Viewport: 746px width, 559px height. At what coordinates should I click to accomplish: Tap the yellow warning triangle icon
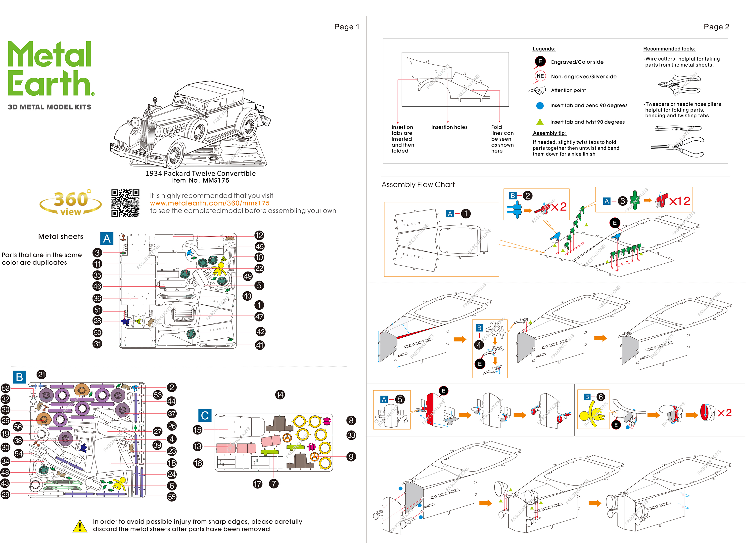[x=80, y=526]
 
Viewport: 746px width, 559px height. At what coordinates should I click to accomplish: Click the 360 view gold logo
[x=71, y=202]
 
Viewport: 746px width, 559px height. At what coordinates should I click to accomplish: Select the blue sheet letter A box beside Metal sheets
[x=107, y=239]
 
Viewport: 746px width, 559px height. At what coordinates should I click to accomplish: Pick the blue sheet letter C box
[x=205, y=415]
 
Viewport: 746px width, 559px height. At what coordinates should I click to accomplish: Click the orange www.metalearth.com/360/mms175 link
[x=209, y=203]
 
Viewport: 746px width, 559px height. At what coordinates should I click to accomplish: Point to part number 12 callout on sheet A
[x=259, y=236]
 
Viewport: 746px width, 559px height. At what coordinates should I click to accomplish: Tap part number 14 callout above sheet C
[x=280, y=395]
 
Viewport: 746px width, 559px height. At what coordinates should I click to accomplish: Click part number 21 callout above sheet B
[x=42, y=374]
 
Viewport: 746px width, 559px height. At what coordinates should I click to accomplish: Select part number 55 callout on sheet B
[x=172, y=497]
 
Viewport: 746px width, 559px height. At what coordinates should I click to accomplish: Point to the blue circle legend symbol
[x=540, y=106]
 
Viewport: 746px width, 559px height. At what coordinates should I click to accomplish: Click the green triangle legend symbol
[x=540, y=122]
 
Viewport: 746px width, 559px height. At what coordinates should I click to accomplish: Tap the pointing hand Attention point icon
[x=537, y=90]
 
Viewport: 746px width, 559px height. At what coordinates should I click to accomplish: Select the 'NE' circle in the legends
[x=540, y=76]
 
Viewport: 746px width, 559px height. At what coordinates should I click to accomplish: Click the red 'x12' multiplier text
[x=680, y=201]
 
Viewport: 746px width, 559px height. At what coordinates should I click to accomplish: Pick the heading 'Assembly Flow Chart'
[x=418, y=185]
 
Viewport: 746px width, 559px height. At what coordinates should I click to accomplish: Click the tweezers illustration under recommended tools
[x=678, y=128]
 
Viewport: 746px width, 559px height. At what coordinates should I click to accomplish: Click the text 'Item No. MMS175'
[x=201, y=181]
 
